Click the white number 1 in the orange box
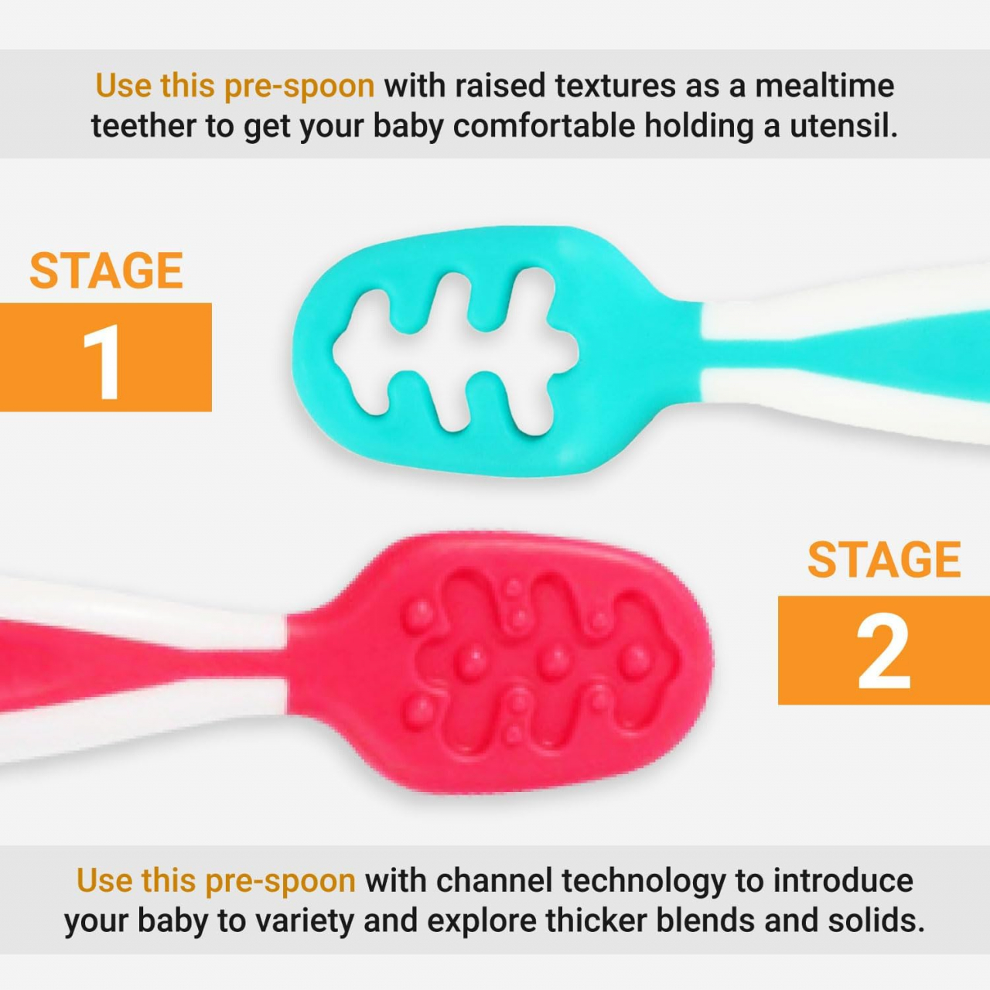coord(104,361)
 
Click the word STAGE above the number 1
coord(106,271)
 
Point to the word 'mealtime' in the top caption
coord(824,85)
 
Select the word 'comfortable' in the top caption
coord(544,126)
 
